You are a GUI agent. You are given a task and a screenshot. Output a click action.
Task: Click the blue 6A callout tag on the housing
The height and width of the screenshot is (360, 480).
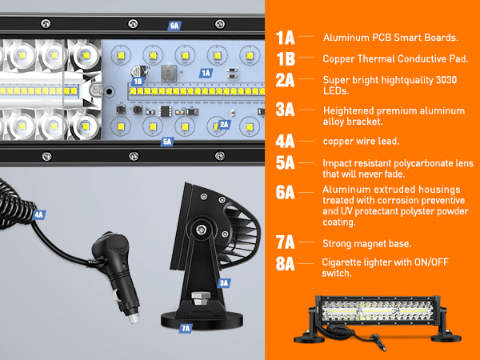click(x=174, y=26)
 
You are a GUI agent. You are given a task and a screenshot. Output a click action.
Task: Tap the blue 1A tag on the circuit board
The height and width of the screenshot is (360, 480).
click(x=206, y=73)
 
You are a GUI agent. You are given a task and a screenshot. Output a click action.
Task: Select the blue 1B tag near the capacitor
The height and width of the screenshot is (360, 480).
click(x=138, y=81)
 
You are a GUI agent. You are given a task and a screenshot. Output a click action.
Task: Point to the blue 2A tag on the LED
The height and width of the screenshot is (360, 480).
click(x=224, y=124)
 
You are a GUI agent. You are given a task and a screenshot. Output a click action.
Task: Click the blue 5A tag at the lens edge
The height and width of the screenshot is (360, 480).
click(x=167, y=142)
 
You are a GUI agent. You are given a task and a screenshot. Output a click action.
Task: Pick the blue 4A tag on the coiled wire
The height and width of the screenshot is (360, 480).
click(x=39, y=215)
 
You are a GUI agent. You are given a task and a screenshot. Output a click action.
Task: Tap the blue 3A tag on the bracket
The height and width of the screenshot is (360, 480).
click(x=224, y=283)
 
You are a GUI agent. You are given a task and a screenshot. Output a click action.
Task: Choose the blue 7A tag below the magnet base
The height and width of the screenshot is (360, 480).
click(x=186, y=329)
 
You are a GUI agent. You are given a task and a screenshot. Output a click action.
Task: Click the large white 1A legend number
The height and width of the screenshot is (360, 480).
click(x=285, y=38)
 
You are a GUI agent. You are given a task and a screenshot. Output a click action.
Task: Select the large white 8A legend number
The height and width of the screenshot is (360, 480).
click(x=285, y=263)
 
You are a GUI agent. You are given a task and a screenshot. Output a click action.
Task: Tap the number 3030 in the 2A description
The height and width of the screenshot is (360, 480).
click(x=446, y=80)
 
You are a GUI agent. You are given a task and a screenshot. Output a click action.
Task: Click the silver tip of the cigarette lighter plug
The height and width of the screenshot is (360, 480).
click(x=134, y=318)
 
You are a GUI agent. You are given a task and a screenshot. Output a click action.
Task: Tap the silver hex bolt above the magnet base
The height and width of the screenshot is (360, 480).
click(x=201, y=298)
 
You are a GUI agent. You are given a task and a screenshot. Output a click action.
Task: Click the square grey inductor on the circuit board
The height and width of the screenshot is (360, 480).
click(x=169, y=74)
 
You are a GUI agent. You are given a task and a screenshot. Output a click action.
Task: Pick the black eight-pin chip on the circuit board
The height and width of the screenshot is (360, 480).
click(x=165, y=111)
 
